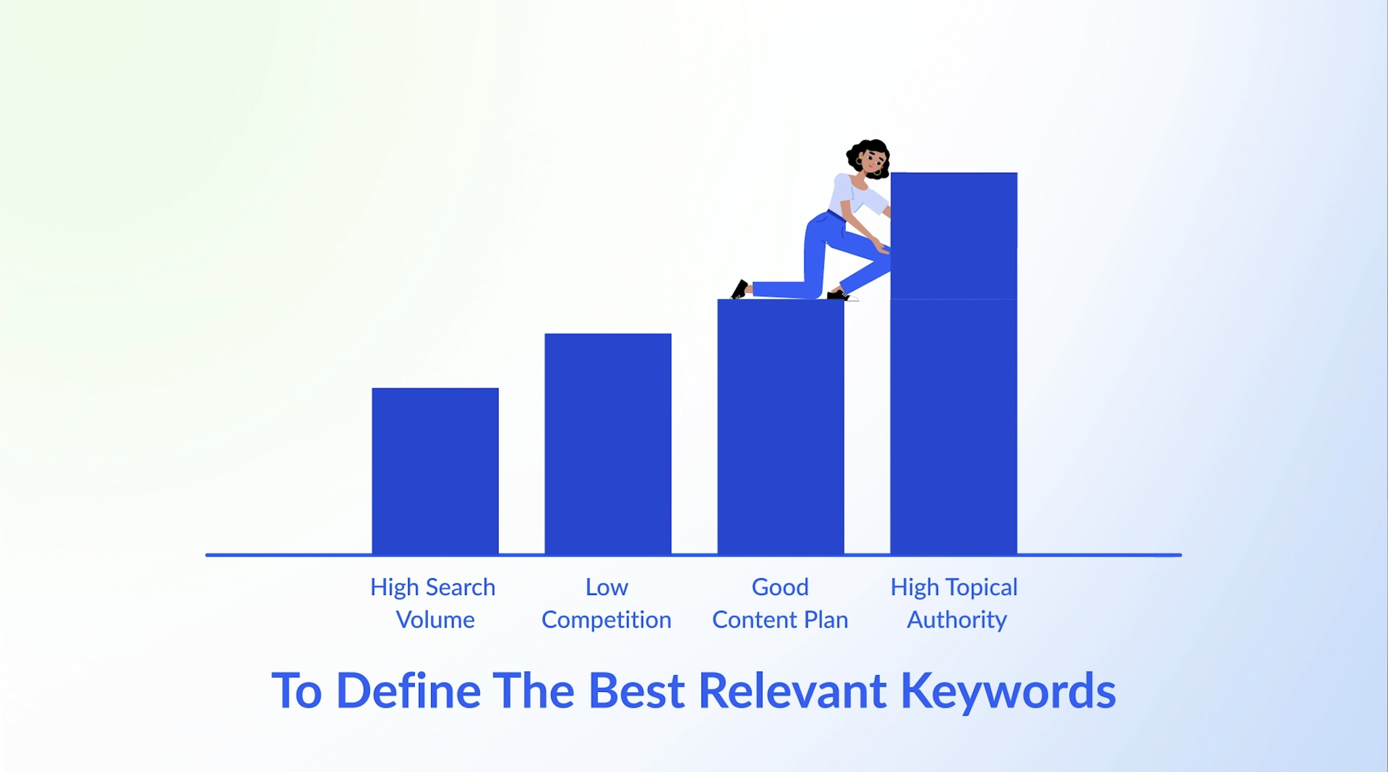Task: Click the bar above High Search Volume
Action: [x=435, y=471]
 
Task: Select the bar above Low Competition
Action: [x=608, y=444]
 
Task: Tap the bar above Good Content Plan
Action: [x=781, y=427]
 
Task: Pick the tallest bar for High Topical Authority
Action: [x=954, y=363]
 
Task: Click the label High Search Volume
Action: [x=434, y=603]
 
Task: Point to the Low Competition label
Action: [x=607, y=603]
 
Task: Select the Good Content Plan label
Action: [x=780, y=603]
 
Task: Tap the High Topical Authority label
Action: [x=954, y=603]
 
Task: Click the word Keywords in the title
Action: [x=1008, y=691]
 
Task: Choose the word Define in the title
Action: [x=408, y=691]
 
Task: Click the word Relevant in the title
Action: [x=792, y=691]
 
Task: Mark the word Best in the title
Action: [x=636, y=691]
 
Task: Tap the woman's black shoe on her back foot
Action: [x=739, y=289]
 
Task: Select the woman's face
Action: [x=872, y=162]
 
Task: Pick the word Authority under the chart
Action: [x=957, y=620]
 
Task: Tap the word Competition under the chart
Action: [x=607, y=620]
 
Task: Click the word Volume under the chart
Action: [x=435, y=619]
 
